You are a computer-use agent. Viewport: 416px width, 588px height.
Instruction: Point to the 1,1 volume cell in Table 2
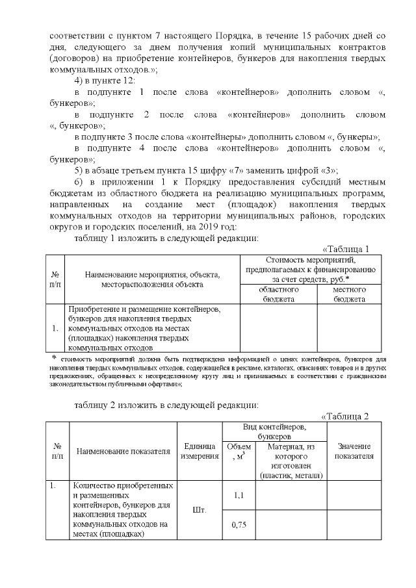pyautogui.click(x=238, y=496)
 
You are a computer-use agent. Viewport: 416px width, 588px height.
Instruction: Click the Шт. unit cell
pyautogui.click(x=200, y=510)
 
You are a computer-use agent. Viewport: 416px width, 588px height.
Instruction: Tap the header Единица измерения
pyautogui.click(x=200, y=451)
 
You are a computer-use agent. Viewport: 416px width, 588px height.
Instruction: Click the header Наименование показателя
pyautogui.click(x=123, y=451)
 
